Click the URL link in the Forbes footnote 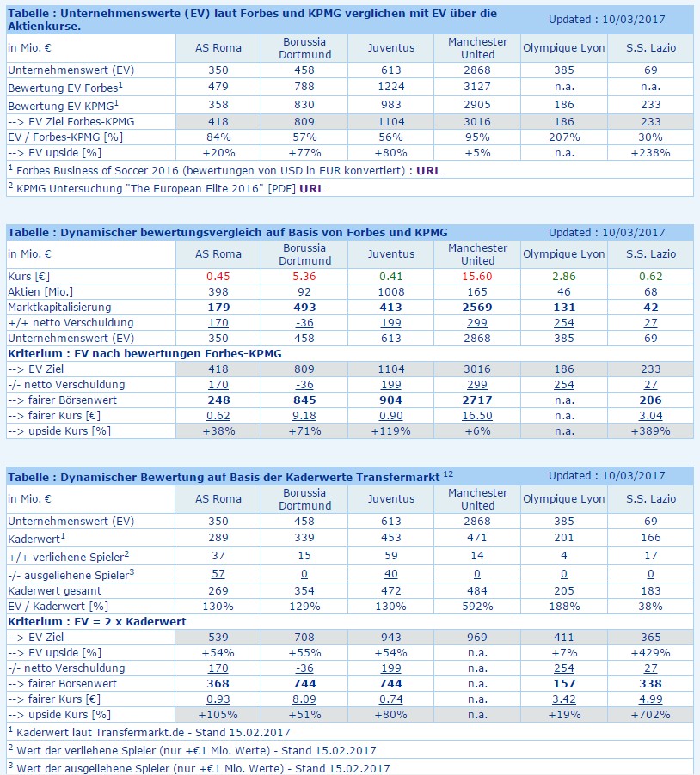point(427,170)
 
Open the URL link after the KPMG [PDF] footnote point(312,187)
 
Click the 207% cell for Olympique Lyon point(563,137)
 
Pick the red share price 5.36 point(305,277)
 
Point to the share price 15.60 point(477,277)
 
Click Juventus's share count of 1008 point(391,292)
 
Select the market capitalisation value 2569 point(477,308)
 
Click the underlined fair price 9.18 point(305,416)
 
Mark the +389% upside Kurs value point(650,430)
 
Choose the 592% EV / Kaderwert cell point(477,607)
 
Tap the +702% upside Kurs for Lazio point(650,714)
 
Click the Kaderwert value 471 point(477,538)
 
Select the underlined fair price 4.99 point(650,699)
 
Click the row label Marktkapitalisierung point(59,308)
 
